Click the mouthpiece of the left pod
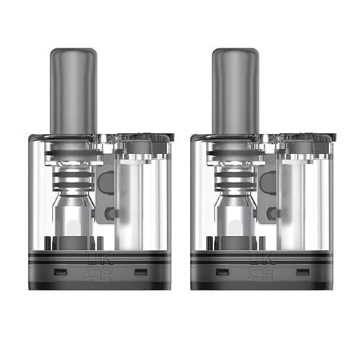pyautogui.click(x=73, y=86)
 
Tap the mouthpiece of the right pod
pyautogui.click(x=235, y=86)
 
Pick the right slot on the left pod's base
pyautogui.click(x=140, y=272)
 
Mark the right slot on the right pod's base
pyautogui.click(x=302, y=272)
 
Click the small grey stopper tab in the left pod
pyautogui.click(x=109, y=213)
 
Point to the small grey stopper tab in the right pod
pyautogui.click(x=271, y=213)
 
